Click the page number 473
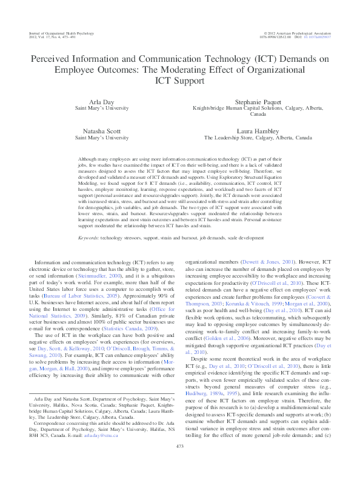click(179, 464)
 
